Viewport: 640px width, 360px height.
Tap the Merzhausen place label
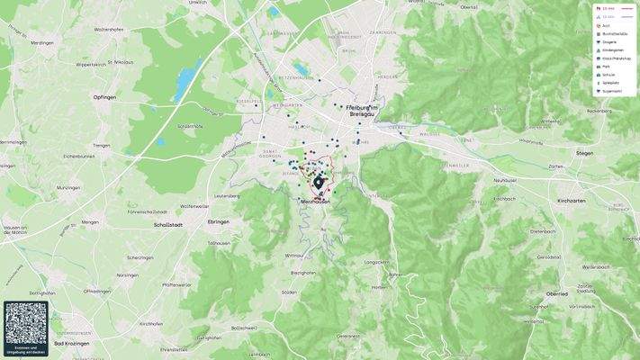pos(315,202)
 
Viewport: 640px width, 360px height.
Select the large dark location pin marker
pos(319,183)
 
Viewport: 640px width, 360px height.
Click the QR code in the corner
pos(26,324)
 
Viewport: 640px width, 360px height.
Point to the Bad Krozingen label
pos(71,343)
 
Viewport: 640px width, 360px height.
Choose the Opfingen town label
pos(104,96)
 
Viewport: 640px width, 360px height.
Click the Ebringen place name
pos(219,221)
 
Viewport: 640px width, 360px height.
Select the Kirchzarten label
pos(572,200)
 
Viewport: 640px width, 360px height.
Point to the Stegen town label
pos(584,153)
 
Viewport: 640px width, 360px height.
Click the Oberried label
pos(556,292)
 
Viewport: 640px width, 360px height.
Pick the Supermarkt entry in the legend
pos(612,91)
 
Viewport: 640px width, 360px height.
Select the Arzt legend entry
pos(607,25)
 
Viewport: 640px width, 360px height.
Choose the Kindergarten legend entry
pos(612,49)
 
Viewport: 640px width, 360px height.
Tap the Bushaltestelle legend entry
pos(614,33)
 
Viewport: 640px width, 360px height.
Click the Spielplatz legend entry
pos(611,83)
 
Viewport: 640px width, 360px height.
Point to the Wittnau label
pos(294,256)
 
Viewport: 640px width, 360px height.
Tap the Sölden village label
pos(289,292)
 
